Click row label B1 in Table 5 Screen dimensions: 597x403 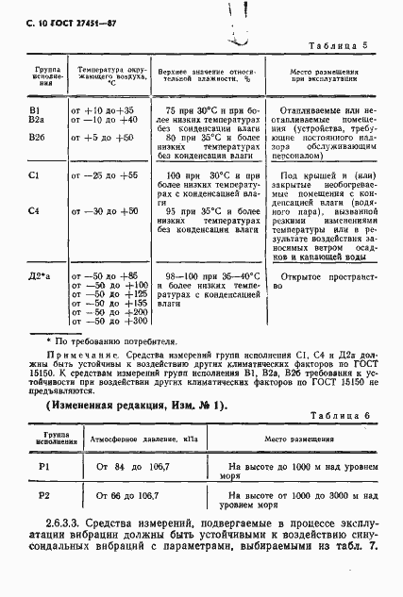36,110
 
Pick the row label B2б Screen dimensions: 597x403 38,137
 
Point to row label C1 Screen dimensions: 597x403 35,176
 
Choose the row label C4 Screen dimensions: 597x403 35,210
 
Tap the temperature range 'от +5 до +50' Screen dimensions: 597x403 102,137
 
